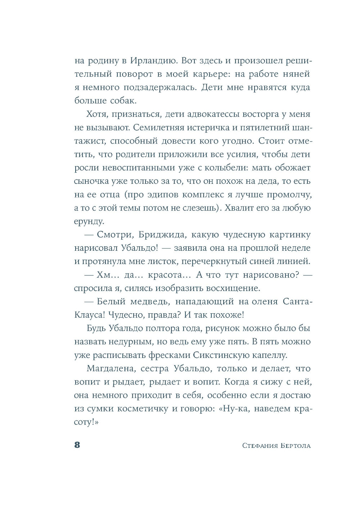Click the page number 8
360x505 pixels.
tap(77, 445)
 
